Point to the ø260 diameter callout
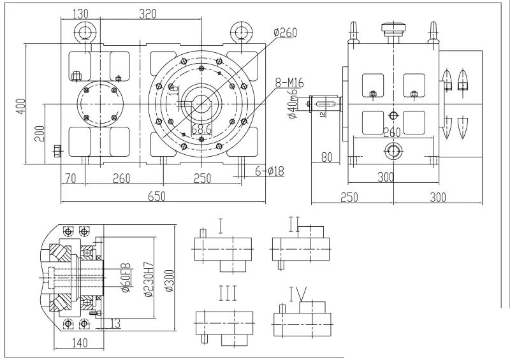click(x=284, y=34)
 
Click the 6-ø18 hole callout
click(x=270, y=171)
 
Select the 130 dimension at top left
click(x=80, y=13)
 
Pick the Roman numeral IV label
click(x=298, y=294)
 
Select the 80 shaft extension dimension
click(x=327, y=156)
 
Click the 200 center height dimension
click(x=40, y=133)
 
